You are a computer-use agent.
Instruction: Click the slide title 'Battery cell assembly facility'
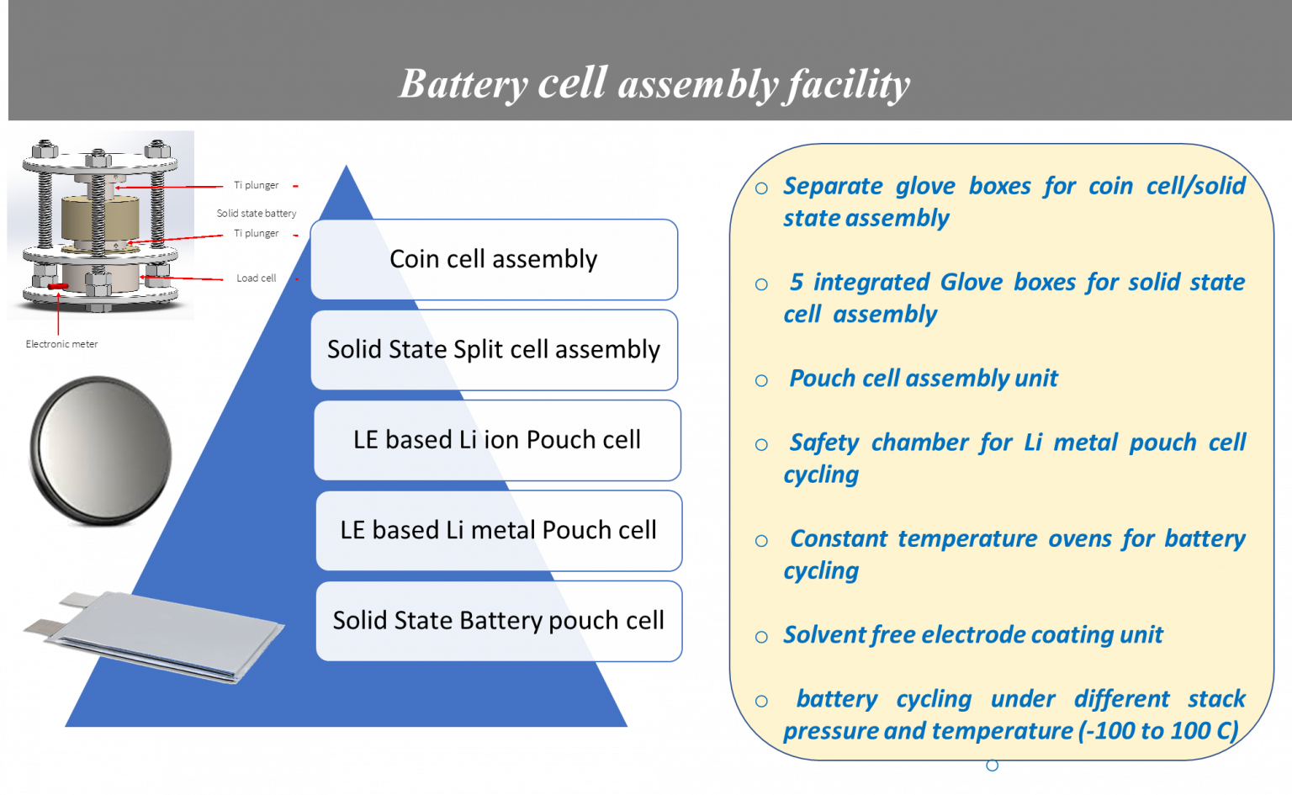[x=654, y=84]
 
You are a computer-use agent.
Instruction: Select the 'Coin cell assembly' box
[x=494, y=259]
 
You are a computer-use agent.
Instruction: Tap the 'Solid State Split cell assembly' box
[x=494, y=349]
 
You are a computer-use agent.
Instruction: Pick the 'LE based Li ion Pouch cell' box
[x=497, y=440]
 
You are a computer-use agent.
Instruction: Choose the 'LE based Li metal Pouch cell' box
[x=498, y=530]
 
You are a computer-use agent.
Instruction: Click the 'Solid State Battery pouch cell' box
[x=498, y=621]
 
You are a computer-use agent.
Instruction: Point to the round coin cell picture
[x=100, y=452]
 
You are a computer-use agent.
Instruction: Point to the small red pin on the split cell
[x=58, y=287]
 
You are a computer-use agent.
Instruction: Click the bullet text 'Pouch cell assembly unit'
[x=923, y=379]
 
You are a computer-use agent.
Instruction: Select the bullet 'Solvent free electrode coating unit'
[x=972, y=635]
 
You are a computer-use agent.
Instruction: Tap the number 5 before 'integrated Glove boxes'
[x=797, y=283]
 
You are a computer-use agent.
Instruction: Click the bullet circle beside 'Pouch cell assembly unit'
[x=761, y=381]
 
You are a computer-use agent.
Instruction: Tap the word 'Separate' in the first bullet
[x=833, y=186]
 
